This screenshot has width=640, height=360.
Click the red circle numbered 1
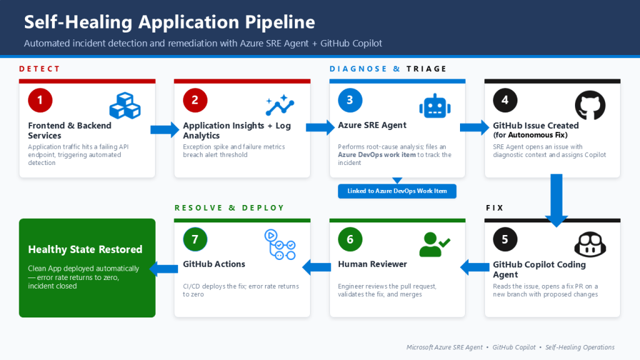tap(40, 100)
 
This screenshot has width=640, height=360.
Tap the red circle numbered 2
tap(195, 100)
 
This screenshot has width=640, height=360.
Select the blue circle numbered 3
tap(350, 100)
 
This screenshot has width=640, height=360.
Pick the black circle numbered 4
tap(505, 100)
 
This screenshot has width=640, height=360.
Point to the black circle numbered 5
tap(505, 239)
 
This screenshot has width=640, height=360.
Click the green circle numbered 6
tap(350, 239)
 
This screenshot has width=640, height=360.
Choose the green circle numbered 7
tap(195, 239)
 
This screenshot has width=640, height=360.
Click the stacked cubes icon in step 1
tap(125, 106)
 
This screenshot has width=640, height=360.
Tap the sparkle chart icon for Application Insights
tap(280, 105)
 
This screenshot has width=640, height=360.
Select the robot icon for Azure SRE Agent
tap(435, 106)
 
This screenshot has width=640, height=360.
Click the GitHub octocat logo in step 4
tap(590, 105)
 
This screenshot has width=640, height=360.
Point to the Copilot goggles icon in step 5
tap(590, 244)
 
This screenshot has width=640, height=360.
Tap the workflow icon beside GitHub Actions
tap(280, 244)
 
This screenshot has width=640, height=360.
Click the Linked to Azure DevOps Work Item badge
tap(397, 191)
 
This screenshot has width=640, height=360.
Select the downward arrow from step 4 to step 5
tap(556, 201)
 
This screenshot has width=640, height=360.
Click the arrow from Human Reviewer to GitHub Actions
tap(317, 267)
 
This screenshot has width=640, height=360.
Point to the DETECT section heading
tap(39, 69)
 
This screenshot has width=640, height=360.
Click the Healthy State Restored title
tap(85, 249)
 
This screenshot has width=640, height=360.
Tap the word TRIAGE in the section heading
tap(426, 69)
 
